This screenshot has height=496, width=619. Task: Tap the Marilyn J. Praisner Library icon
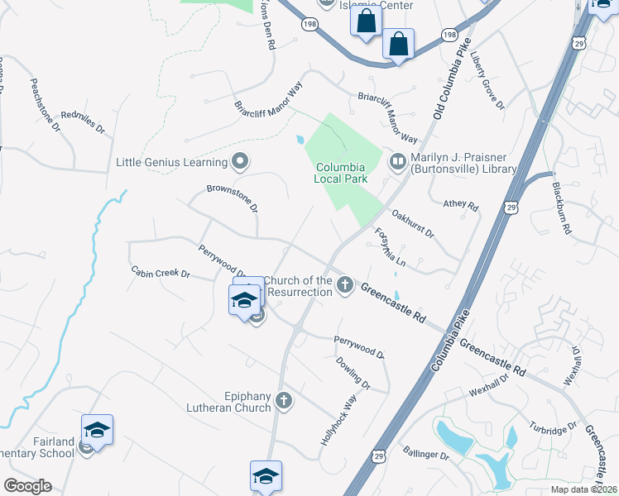[x=398, y=161]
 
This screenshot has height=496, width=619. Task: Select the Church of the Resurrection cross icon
[x=345, y=286]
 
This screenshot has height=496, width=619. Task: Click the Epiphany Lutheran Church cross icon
[x=284, y=401]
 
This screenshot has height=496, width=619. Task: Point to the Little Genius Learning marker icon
[x=241, y=161]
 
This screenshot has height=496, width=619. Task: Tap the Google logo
[x=26, y=486]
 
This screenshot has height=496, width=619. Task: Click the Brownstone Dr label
[x=233, y=198]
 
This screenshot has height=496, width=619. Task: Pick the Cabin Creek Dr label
[x=161, y=272]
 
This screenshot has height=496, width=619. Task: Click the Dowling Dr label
[x=353, y=372]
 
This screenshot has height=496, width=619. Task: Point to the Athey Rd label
[x=461, y=204]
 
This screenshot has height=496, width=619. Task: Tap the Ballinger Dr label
[x=426, y=455]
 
